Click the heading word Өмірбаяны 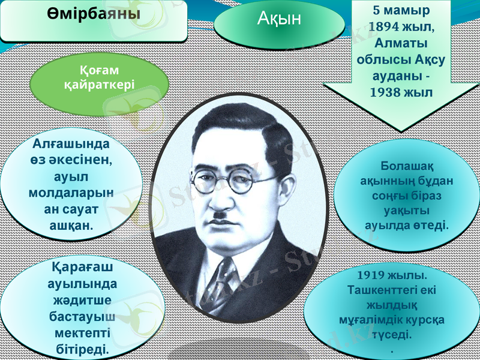(94, 13)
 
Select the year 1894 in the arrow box (388, 26)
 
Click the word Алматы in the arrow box (400, 43)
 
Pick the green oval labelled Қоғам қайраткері (100, 79)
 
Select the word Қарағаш (84, 266)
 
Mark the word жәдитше (82, 299)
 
